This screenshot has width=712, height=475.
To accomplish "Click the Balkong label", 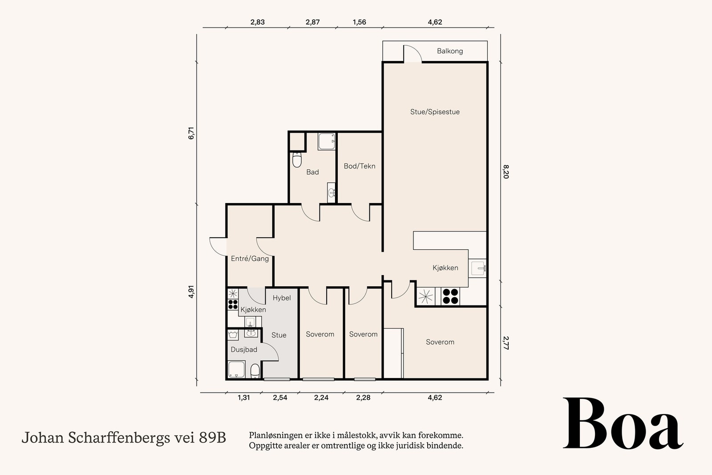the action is (450, 51).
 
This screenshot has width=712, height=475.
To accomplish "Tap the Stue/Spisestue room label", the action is (435, 112).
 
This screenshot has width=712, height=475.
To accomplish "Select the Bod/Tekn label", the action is (360, 166).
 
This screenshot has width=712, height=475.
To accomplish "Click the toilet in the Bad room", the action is (297, 160).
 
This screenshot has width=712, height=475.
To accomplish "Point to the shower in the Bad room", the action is (327, 142).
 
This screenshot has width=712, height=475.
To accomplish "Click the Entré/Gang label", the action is (250, 259).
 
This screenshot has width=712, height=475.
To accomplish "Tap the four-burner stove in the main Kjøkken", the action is (450, 296).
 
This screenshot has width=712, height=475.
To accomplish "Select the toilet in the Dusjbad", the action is (255, 371).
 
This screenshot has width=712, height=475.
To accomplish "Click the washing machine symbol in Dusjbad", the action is (233, 335).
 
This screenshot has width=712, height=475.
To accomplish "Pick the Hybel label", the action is (282, 298).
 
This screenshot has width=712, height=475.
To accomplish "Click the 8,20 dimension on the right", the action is (506, 172).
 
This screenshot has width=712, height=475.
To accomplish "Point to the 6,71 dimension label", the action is (191, 133).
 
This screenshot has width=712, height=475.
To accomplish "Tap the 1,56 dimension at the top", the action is (360, 22).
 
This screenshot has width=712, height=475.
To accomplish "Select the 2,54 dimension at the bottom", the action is (280, 398).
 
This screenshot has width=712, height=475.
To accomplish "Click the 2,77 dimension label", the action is (506, 343).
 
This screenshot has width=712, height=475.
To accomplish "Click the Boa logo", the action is (623, 423).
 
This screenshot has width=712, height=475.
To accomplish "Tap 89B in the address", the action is (212, 438).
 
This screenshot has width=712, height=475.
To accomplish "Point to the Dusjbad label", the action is (244, 350).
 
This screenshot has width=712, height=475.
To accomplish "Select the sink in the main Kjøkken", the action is (477, 268).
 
